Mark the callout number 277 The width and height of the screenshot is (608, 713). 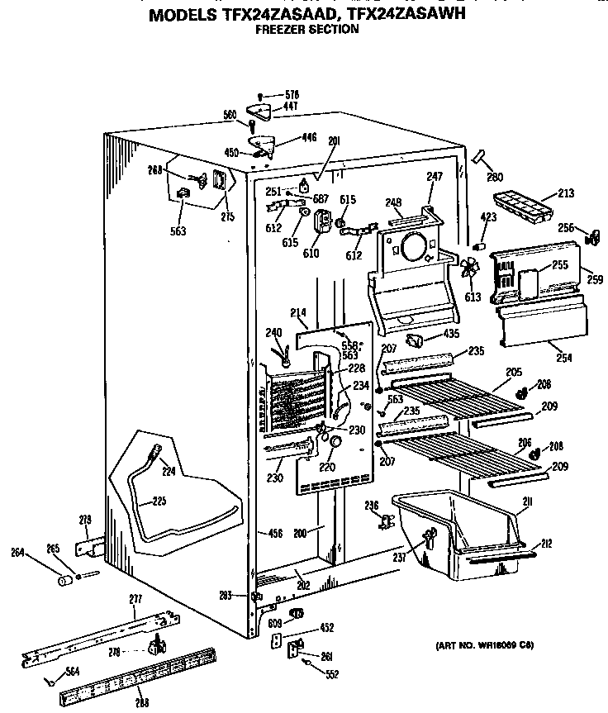pyautogui.click(x=135, y=598)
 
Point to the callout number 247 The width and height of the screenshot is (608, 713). pyautogui.click(x=435, y=177)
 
